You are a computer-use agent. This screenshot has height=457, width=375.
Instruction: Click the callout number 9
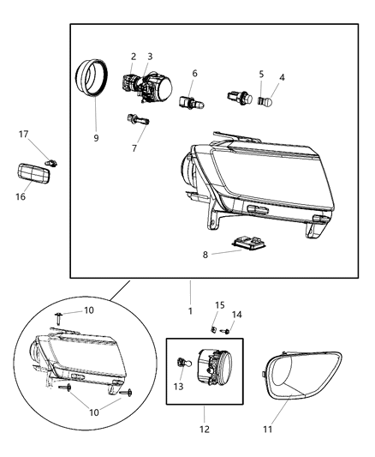[96, 138]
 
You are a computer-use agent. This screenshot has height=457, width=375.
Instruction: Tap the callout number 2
[133, 57]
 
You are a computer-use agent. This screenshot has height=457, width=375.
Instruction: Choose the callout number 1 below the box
[190, 310]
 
